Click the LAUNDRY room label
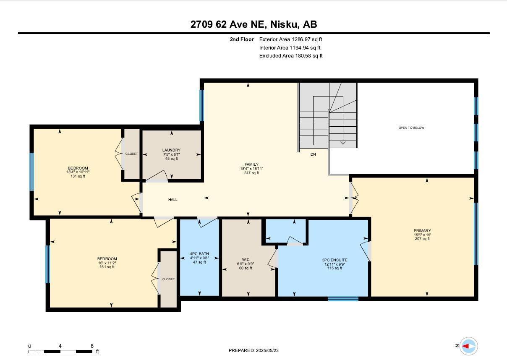pyautogui.click(x=171, y=150)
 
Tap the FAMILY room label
pyautogui.click(x=251, y=164)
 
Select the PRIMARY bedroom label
pyautogui.click(x=422, y=231)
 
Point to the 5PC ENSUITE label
pyautogui.click(x=335, y=260)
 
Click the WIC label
pyautogui.click(x=246, y=260)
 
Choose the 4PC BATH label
pyautogui.click(x=199, y=254)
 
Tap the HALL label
pyautogui.click(x=172, y=200)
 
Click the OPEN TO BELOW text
pyautogui.click(x=411, y=128)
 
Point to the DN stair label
pyautogui.click(x=313, y=154)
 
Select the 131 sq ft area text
pyautogui.click(x=78, y=176)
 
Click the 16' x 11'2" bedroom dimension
pyautogui.click(x=107, y=263)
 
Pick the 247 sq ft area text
pyautogui.click(x=251, y=173)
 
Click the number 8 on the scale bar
pyautogui.click(x=92, y=346)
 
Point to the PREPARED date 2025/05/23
pyautogui.click(x=267, y=350)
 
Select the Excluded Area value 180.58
pyautogui.click(x=303, y=56)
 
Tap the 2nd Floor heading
pyautogui.click(x=242, y=39)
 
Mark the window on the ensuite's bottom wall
pyautogui.click(x=343, y=299)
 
